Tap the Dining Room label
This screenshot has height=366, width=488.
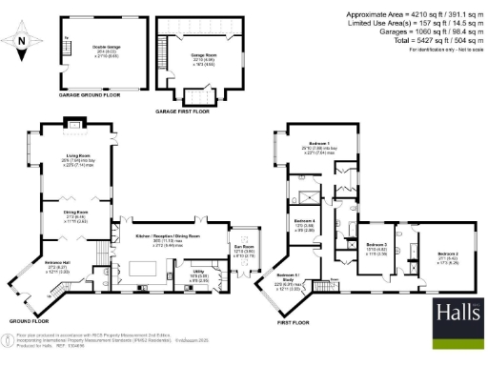76,212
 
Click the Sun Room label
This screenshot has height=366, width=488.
243,251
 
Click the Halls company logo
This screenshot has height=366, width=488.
456,313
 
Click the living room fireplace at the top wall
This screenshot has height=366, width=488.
72,123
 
